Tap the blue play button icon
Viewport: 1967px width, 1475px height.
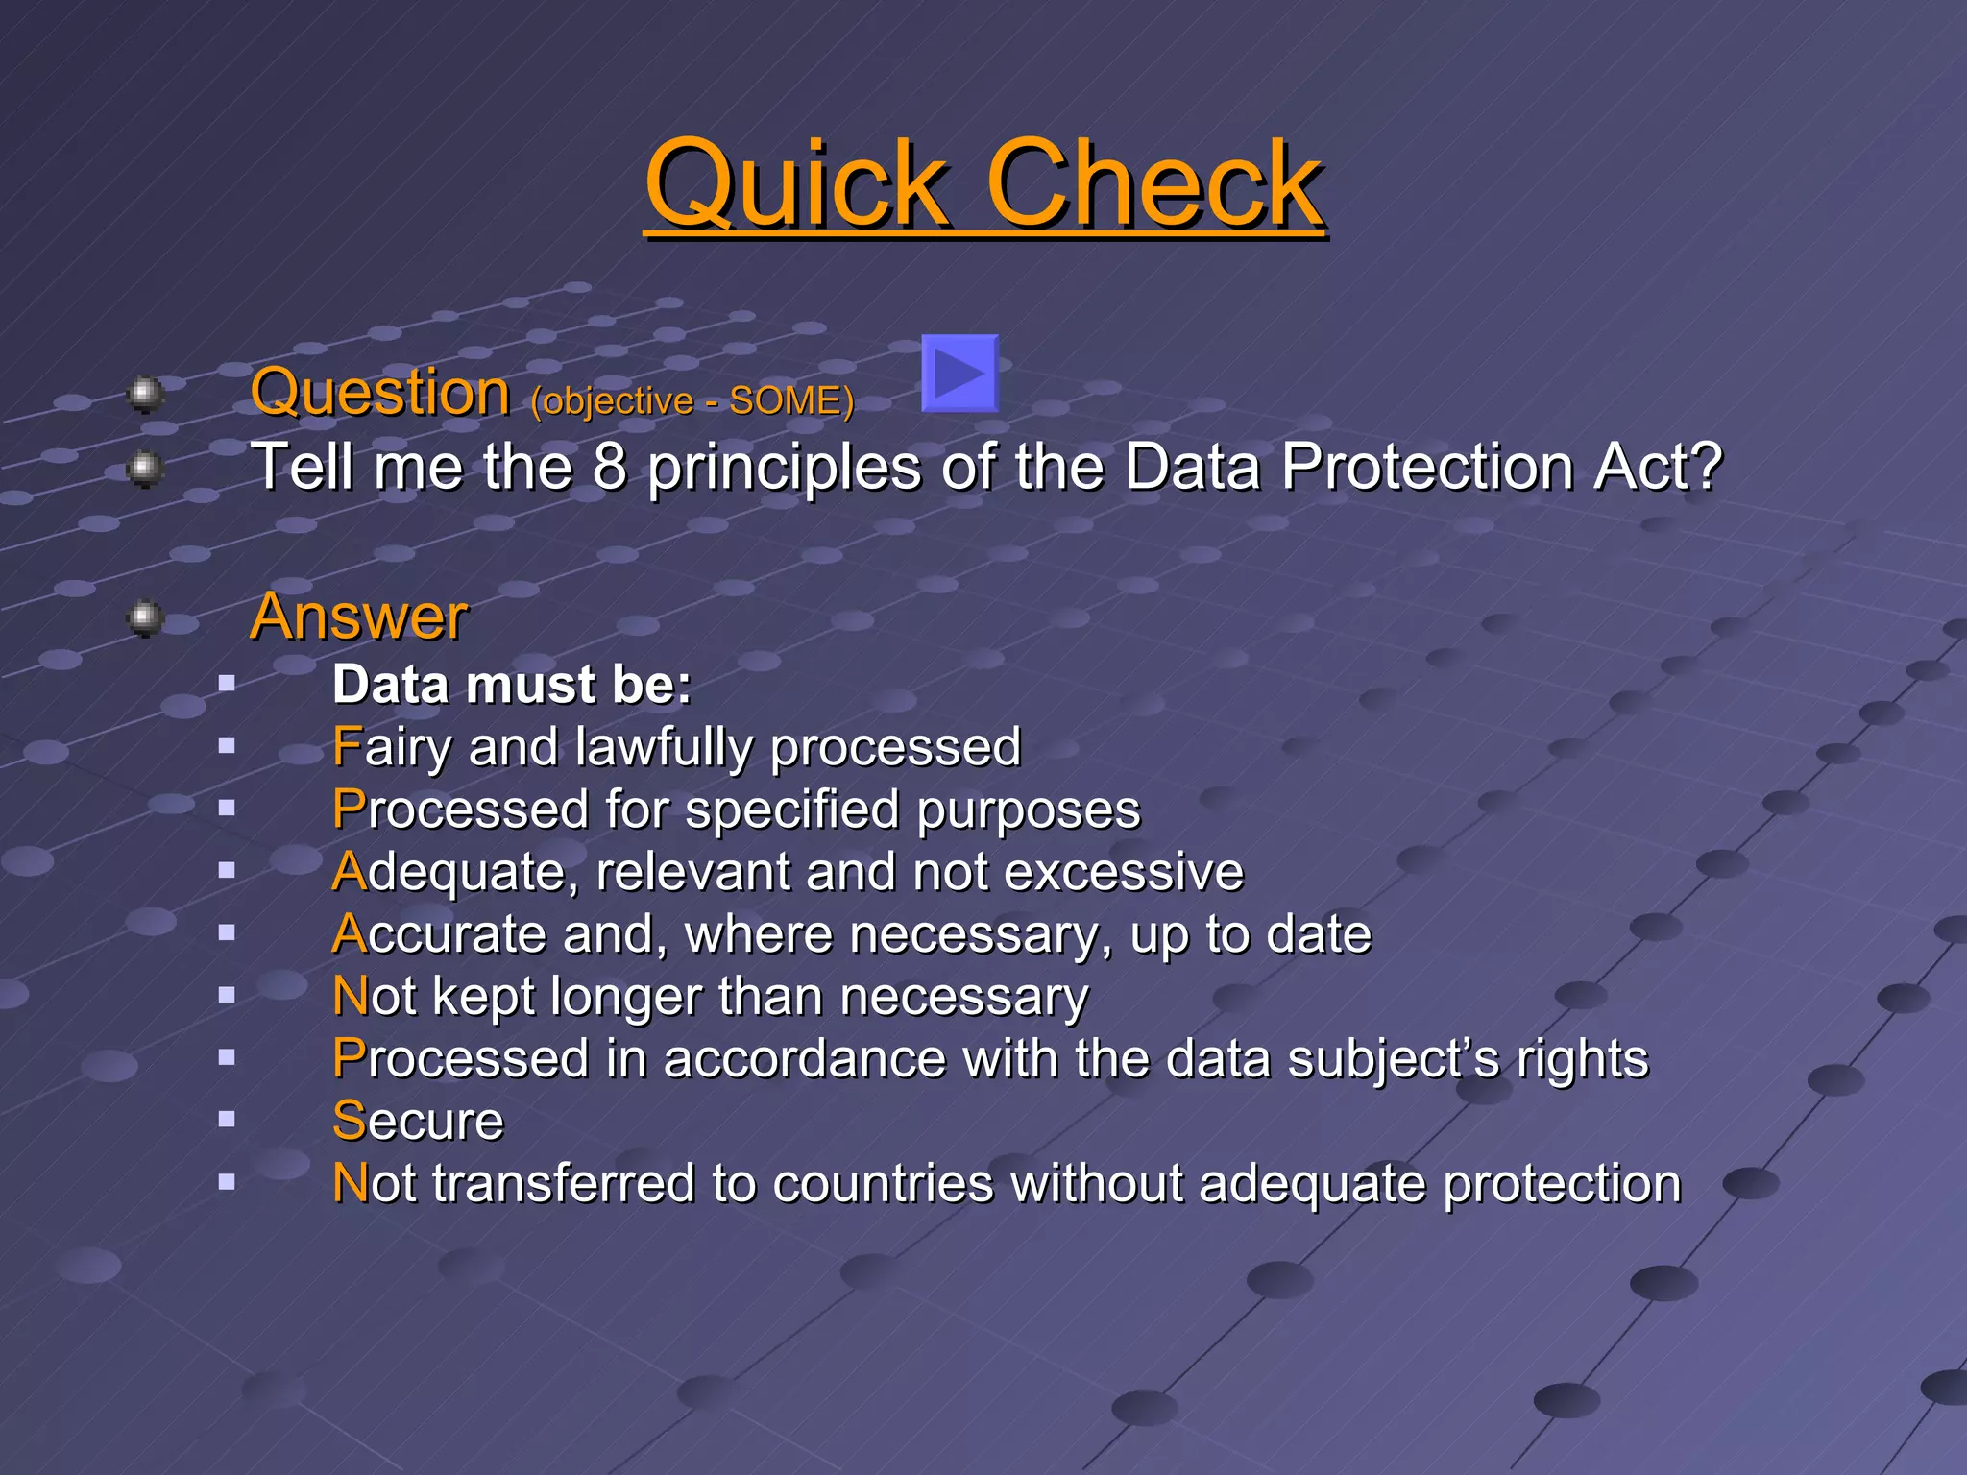959,374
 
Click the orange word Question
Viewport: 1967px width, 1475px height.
380,393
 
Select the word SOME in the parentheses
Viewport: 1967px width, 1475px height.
785,401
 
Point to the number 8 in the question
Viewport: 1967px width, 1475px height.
609,467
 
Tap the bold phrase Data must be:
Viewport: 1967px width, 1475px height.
512,685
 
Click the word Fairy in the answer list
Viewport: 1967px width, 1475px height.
391,748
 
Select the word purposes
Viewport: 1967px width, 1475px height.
1028,810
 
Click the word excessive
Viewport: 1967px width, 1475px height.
1124,872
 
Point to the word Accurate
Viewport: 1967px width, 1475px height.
438,934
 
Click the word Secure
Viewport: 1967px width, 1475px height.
418,1121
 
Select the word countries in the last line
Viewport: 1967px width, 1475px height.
882,1183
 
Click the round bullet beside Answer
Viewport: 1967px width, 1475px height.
145,617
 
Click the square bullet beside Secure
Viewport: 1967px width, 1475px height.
227,1119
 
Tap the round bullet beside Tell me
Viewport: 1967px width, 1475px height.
145,469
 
